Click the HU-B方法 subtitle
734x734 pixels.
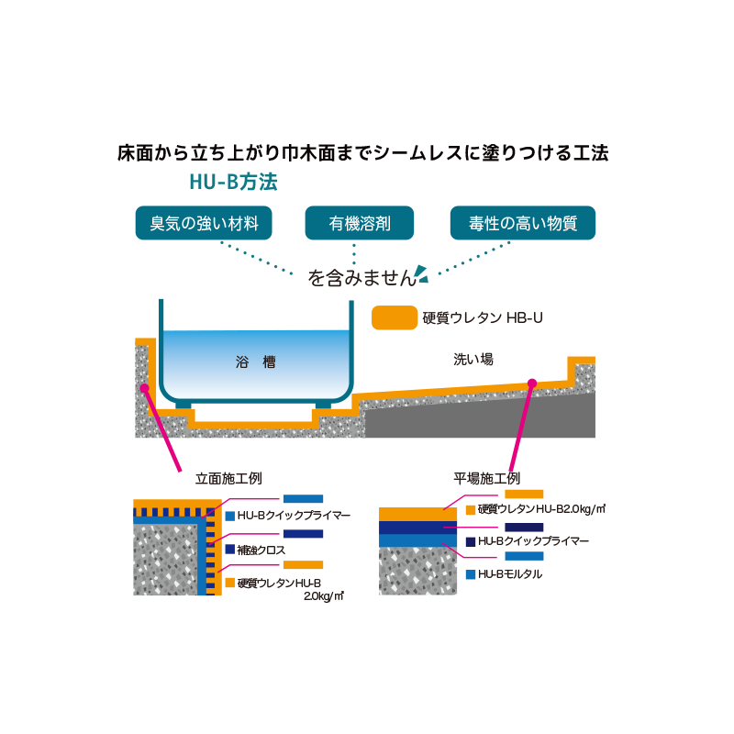(x=233, y=182)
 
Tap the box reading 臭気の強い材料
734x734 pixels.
(x=204, y=223)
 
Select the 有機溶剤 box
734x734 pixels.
(x=359, y=223)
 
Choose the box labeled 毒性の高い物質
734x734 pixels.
(x=522, y=223)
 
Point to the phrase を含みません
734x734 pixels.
(x=361, y=278)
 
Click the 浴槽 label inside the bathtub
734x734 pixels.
(x=255, y=361)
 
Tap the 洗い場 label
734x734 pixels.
(x=473, y=359)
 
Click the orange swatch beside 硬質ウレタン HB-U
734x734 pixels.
(x=395, y=317)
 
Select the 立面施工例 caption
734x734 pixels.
(x=228, y=478)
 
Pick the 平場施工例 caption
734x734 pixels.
(x=486, y=478)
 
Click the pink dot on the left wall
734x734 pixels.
(x=145, y=388)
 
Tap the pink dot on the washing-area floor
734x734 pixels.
(x=532, y=384)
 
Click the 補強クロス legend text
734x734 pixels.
(x=261, y=550)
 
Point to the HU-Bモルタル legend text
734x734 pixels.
(x=510, y=574)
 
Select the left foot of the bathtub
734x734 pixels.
(x=183, y=405)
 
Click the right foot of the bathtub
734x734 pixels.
(x=323, y=405)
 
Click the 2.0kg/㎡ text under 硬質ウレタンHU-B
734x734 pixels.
(x=324, y=596)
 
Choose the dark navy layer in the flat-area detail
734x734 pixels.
(x=417, y=528)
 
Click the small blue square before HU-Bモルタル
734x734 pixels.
(x=471, y=574)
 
